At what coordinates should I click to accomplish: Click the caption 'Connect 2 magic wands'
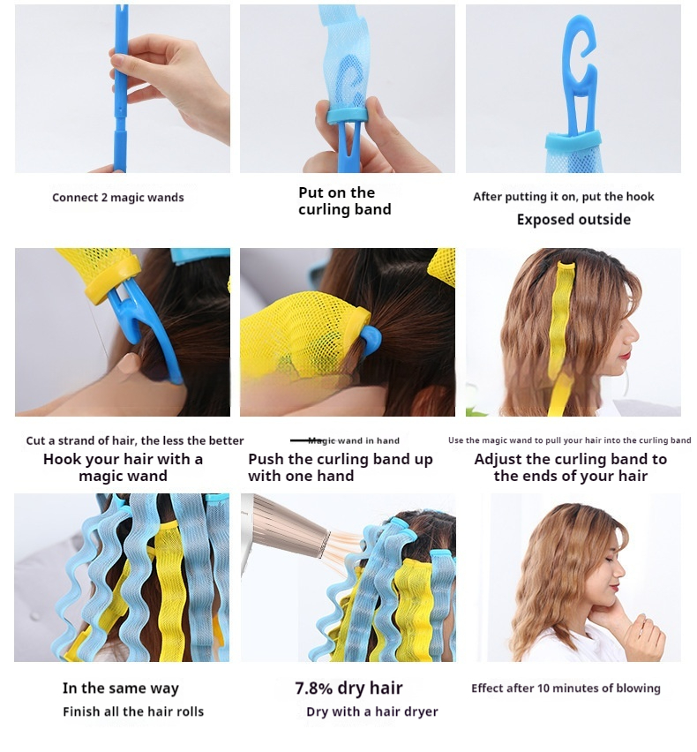pyautogui.click(x=118, y=198)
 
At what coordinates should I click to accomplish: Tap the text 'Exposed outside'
pyautogui.click(x=573, y=220)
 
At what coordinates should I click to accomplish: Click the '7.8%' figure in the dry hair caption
pyautogui.click(x=313, y=688)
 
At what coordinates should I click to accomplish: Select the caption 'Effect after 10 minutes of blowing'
pyautogui.click(x=566, y=688)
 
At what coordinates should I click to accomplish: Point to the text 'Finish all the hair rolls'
pyautogui.click(x=133, y=711)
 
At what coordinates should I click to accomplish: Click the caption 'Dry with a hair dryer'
pyautogui.click(x=372, y=711)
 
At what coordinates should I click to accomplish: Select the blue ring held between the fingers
pyautogui.click(x=348, y=115)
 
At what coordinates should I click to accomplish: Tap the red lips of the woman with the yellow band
pyautogui.click(x=626, y=356)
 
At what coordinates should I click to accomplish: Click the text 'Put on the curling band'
pyautogui.click(x=345, y=201)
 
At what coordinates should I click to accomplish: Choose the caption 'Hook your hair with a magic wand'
pyautogui.click(x=124, y=468)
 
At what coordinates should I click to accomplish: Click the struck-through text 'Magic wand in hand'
pyautogui.click(x=353, y=440)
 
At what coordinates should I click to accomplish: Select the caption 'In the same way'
pyautogui.click(x=121, y=688)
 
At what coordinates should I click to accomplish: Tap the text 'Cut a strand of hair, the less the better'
pyautogui.click(x=135, y=440)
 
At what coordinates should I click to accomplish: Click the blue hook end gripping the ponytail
pyautogui.click(x=370, y=339)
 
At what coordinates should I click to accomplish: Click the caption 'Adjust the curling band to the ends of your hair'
pyautogui.click(x=571, y=468)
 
